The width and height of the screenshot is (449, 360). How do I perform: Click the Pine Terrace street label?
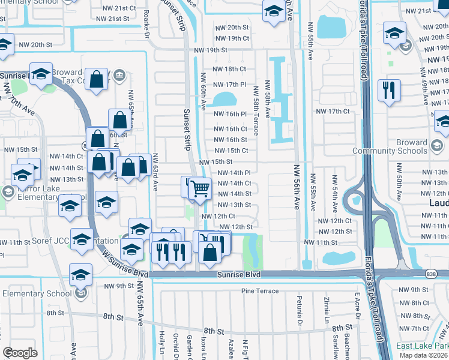(260, 291)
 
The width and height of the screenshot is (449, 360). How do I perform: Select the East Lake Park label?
(422, 346)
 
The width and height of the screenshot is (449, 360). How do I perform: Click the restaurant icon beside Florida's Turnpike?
(389, 91)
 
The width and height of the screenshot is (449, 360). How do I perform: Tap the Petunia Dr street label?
(298, 307)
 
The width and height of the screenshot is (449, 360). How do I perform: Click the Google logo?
(20, 353)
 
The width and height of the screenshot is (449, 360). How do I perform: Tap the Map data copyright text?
(423, 355)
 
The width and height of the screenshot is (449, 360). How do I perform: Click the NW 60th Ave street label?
(203, 91)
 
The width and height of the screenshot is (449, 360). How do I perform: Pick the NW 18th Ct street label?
(231, 69)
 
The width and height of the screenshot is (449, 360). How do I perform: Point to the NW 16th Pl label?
(231, 113)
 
